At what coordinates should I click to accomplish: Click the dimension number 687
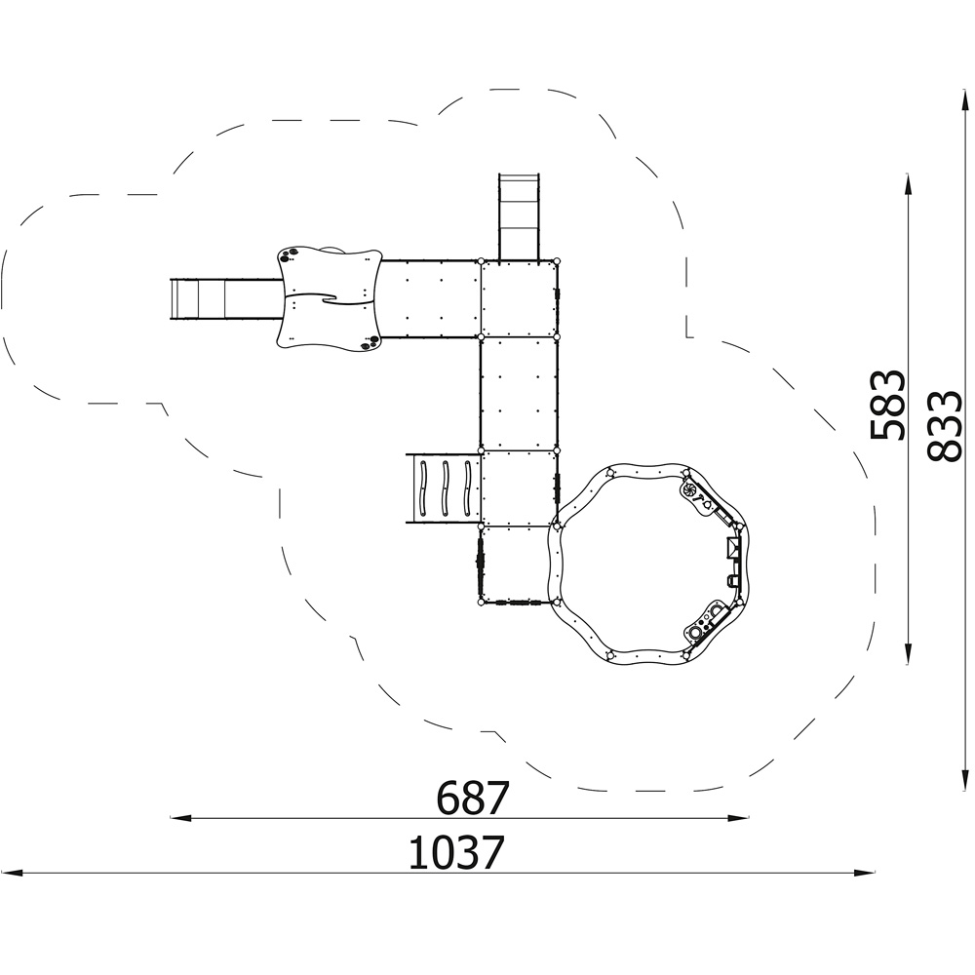(x=473, y=798)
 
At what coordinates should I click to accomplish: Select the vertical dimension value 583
(x=887, y=406)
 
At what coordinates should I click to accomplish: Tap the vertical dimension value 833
(x=943, y=426)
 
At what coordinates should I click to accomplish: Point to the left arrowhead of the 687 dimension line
(x=179, y=818)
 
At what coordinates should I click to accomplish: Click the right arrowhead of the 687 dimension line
(x=739, y=818)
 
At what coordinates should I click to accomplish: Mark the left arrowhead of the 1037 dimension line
(x=13, y=873)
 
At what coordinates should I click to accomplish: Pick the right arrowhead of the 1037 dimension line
(x=865, y=873)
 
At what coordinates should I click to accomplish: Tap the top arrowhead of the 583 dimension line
(x=909, y=184)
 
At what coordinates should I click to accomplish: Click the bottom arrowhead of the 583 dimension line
(x=909, y=655)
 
